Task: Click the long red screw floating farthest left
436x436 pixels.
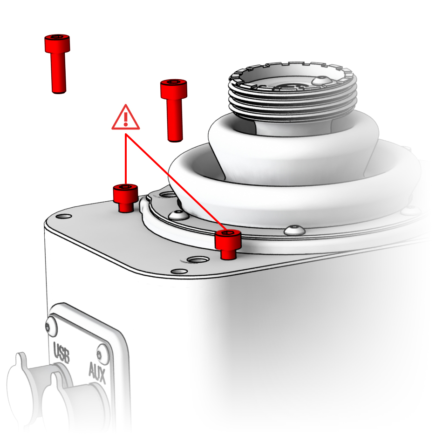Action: pos(58,64)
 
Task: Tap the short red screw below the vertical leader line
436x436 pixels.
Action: pos(125,198)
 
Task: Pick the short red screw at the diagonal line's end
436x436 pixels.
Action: pos(228,245)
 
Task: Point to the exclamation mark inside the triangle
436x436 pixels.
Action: pos(126,119)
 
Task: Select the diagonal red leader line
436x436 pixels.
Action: pos(177,183)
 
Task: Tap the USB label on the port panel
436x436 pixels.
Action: pos(61,352)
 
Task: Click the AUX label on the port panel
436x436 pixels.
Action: pos(97,373)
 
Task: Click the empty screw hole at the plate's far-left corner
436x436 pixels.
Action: pos(64,216)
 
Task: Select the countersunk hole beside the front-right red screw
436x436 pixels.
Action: pos(198,260)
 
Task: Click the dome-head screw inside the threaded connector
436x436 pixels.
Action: pos(322,80)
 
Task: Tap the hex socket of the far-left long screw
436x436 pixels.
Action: pos(57,37)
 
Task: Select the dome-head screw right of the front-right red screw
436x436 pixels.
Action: pos(295,230)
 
